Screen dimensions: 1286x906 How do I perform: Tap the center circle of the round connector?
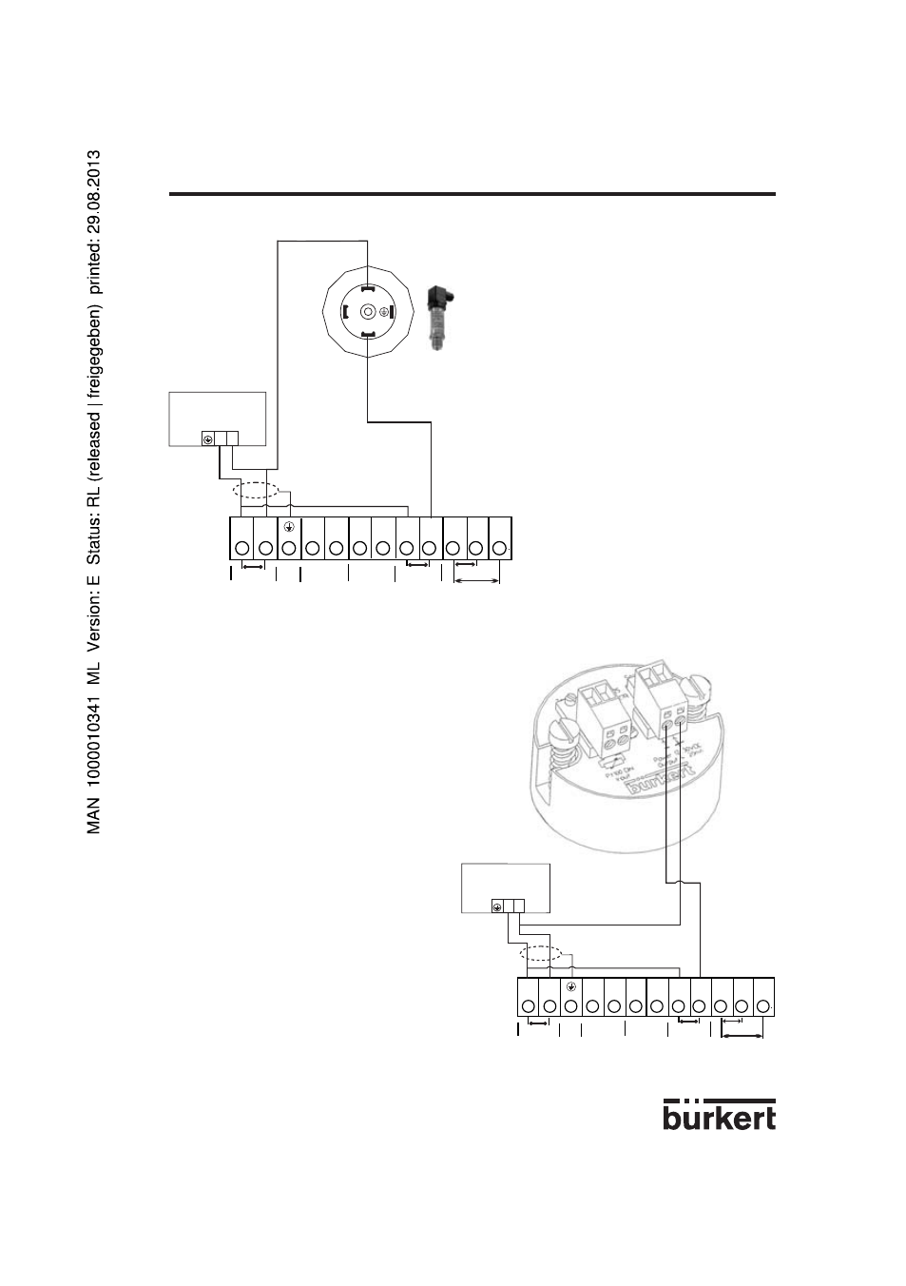367,310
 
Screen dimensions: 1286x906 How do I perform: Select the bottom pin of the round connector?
367,333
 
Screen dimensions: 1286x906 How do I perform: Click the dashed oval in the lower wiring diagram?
541,954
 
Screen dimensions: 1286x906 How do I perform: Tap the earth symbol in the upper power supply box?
207,439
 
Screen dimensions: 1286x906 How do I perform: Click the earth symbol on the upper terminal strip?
289,525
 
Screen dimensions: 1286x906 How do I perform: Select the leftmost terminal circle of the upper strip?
241,548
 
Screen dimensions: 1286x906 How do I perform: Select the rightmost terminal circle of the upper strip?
500,548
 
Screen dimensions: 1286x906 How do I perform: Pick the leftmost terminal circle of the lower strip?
528,1005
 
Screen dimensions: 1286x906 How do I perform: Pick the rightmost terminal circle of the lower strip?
762,1005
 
